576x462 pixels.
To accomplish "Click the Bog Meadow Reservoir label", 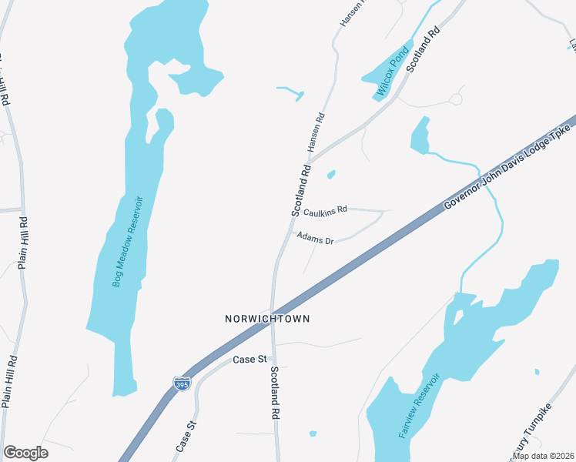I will click(x=128, y=240).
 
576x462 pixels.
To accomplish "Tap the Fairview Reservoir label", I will click(x=419, y=406).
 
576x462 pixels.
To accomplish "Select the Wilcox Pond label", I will click(x=390, y=73).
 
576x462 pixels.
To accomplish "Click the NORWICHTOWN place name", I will click(x=261, y=318).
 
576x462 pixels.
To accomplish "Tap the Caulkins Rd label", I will click(x=325, y=209).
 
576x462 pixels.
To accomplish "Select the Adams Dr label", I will click(x=314, y=237).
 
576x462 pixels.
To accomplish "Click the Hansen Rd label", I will click(x=316, y=131).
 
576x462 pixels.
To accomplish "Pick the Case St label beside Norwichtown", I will click(x=249, y=360).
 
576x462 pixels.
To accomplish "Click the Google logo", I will click(x=25, y=453).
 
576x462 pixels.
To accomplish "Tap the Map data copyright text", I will click(x=543, y=456).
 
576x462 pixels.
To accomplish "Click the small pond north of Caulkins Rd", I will click(x=331, y=175).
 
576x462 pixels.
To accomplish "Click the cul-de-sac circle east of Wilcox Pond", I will click(x=457, y=99).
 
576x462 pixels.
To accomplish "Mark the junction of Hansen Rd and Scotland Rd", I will click(x=310, y=157).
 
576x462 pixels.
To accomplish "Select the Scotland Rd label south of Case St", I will click(x=274, y=392).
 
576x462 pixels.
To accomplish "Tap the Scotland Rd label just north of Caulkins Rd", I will click(x=300, y=189).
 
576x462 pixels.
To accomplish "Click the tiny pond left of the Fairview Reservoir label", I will click(x=313, y=434).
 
